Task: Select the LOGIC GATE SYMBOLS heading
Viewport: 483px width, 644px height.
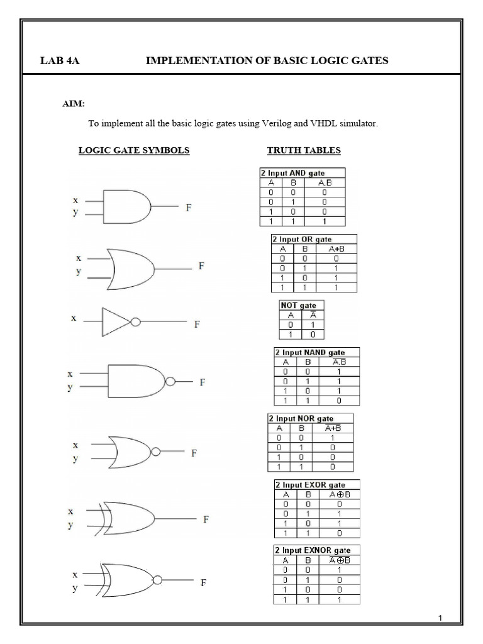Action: tap(133, 150)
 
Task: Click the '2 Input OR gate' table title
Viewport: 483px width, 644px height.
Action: tap(302, 239)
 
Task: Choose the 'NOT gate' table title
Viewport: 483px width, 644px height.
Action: tap(299, 305)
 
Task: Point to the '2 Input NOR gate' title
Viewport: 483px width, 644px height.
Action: tap(301, 418)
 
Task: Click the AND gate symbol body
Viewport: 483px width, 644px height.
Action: tap(129, 206)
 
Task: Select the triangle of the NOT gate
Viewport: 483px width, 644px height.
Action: tap(114, 322)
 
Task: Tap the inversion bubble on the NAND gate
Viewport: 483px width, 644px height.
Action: tap(169, 382)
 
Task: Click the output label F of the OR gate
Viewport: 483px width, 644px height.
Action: tap(201, 266)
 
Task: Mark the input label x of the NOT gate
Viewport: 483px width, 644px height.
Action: tap(74, 318)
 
